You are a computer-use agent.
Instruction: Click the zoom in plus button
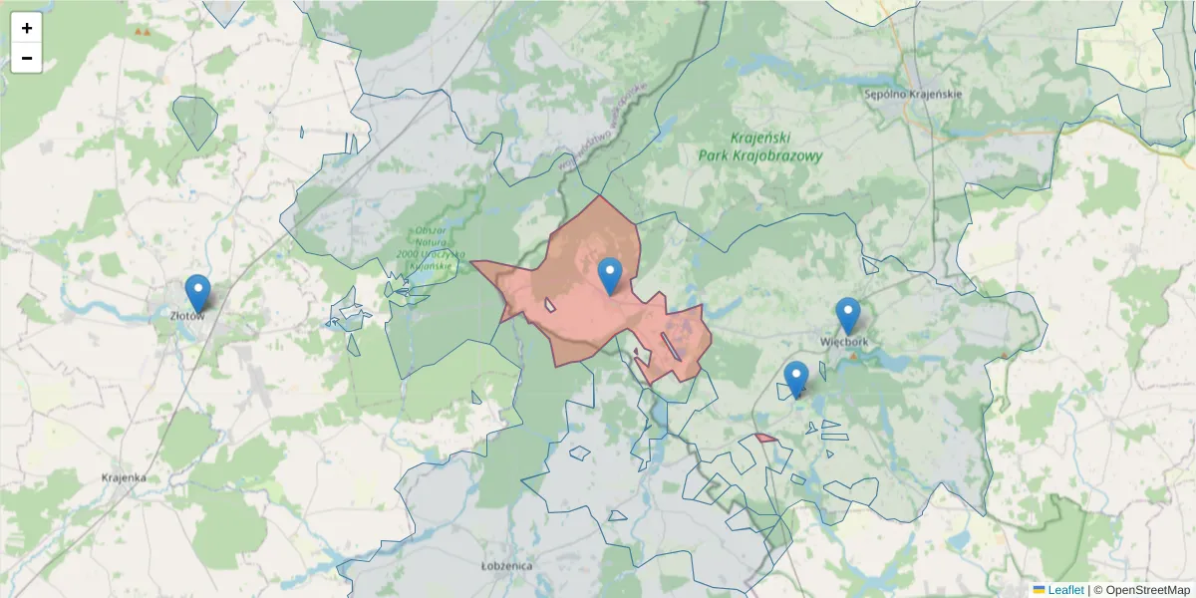[27, 28]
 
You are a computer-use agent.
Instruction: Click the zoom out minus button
[27, 58]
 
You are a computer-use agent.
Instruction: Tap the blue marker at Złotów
[198, 292]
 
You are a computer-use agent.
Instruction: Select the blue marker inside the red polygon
[609, 275]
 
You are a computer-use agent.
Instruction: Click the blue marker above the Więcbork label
[847, 315]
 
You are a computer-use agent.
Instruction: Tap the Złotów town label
[186, 316]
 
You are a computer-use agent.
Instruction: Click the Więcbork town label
[844, 341]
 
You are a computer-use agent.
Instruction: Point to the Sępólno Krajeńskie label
[912, 95]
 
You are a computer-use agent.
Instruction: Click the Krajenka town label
[124, 477]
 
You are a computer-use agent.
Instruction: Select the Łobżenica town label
[506, 566]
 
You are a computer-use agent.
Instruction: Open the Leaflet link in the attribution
[1065, 590]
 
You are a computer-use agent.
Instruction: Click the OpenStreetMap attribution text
[1141, 590]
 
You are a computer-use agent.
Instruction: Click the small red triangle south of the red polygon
[765, 438]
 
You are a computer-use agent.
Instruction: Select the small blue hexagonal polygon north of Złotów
[195, 121]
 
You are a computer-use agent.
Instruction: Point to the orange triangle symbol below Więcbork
[853, 355]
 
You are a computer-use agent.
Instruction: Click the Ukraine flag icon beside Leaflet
[1039, 590]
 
